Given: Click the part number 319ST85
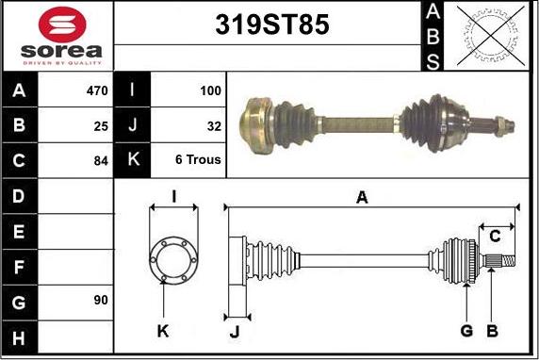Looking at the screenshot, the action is point(272,25).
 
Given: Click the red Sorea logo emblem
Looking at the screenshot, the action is point(62,25).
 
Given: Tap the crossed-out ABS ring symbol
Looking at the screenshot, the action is point(491,36).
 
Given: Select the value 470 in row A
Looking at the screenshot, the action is point(97,90).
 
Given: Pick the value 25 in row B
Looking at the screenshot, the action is point(101,126).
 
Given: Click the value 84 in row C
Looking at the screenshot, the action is point(101,160).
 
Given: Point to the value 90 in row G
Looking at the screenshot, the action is point(101,300).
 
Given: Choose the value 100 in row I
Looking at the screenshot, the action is point(210,90).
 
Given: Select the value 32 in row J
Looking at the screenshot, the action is point(214,126).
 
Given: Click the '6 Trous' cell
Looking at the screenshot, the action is point(198,159).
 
